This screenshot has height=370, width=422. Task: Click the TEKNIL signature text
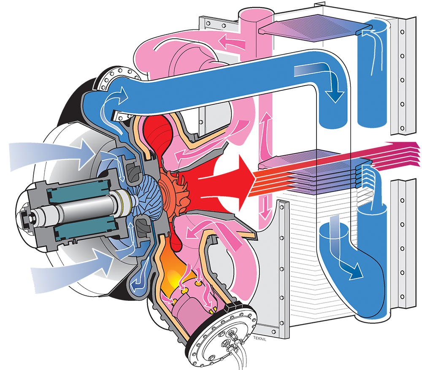coord(260,339)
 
